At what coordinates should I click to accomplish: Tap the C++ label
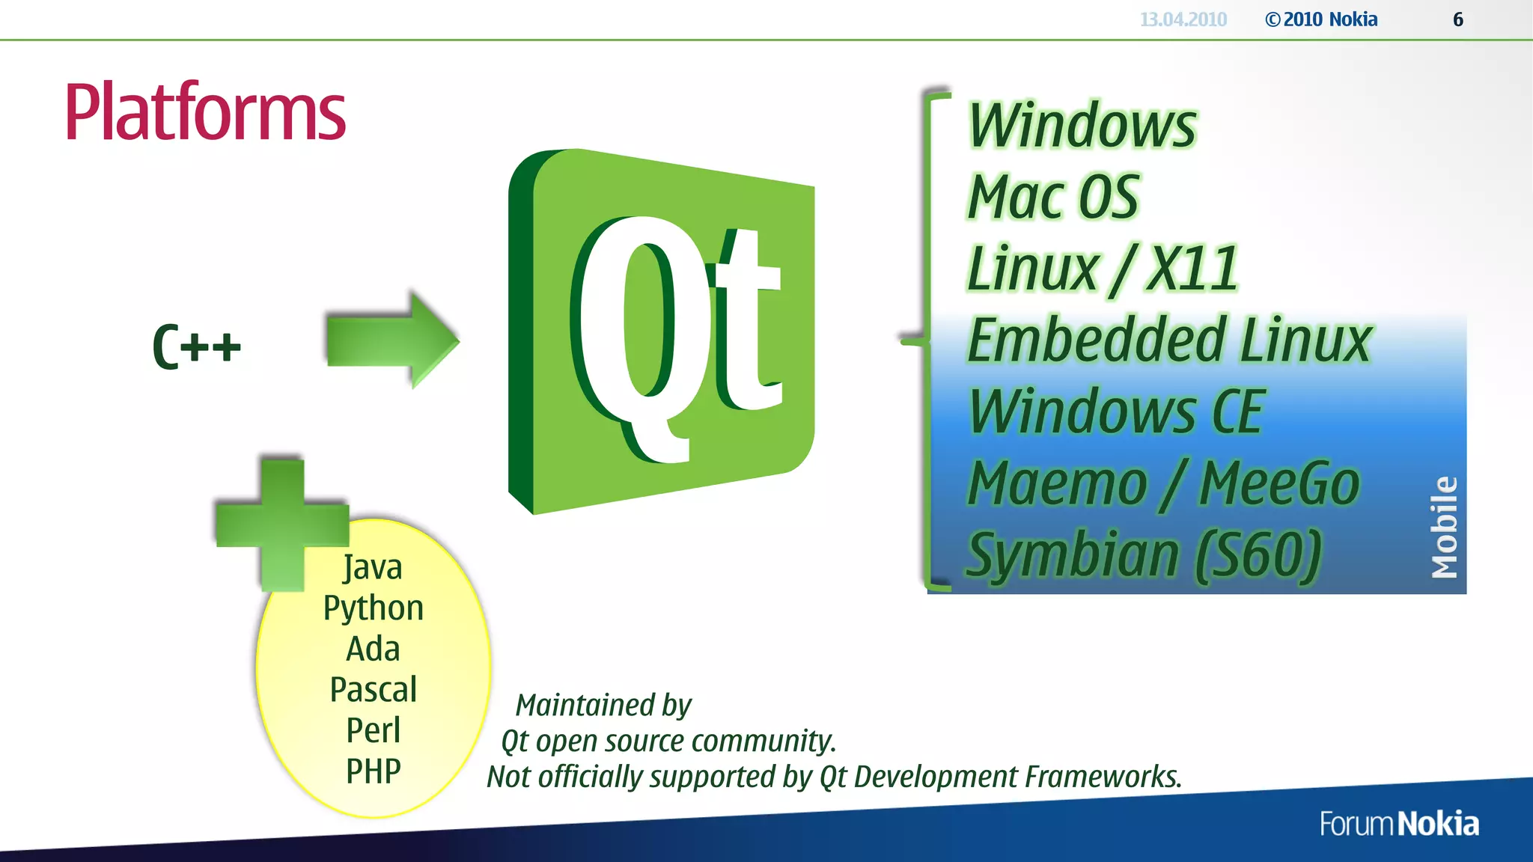(197, 346)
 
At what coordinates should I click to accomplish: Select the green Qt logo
(662, 331)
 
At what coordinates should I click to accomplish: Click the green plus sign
(282, 524)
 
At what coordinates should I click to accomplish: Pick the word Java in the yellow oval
(373, 567)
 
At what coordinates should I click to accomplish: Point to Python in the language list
(373, 608)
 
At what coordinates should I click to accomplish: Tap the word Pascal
(373, 690)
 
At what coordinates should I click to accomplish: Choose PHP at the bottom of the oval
(373, 771)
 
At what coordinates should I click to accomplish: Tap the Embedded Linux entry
(1169, 341)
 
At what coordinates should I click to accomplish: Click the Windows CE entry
(1115, 412)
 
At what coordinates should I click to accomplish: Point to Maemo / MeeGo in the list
(1163, 484)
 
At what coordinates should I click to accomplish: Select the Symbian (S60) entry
(1144, 555)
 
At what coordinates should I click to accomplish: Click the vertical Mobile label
(1445, 528)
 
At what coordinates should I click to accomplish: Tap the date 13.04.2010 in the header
(1183, 19)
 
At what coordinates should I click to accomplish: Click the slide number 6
(1458, 19)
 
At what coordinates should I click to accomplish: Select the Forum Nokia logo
(1399, 824)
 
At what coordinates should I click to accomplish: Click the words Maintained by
(603, 706)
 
